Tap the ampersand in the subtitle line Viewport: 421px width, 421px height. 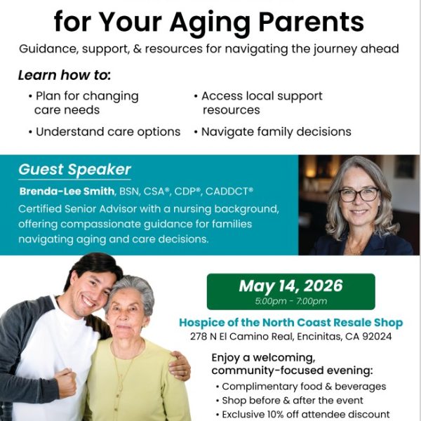point(138,49)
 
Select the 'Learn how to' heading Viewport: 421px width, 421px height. point(65,75)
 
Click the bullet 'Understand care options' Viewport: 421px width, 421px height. point(105,132)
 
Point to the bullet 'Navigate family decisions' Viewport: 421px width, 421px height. point(273,132)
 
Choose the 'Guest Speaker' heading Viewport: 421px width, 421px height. point(74,169)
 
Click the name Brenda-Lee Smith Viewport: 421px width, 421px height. point(67,192)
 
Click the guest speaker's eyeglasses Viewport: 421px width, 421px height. point(359,194)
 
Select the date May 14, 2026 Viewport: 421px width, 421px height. point(290,286)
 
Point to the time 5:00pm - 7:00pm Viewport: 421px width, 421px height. point(291,301)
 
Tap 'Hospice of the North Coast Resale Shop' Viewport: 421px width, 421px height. point(291,323)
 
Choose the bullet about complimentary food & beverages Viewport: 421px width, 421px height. point(301,387)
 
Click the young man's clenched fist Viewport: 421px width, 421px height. point(65,383)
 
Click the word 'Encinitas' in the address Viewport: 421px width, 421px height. point(319,336)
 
